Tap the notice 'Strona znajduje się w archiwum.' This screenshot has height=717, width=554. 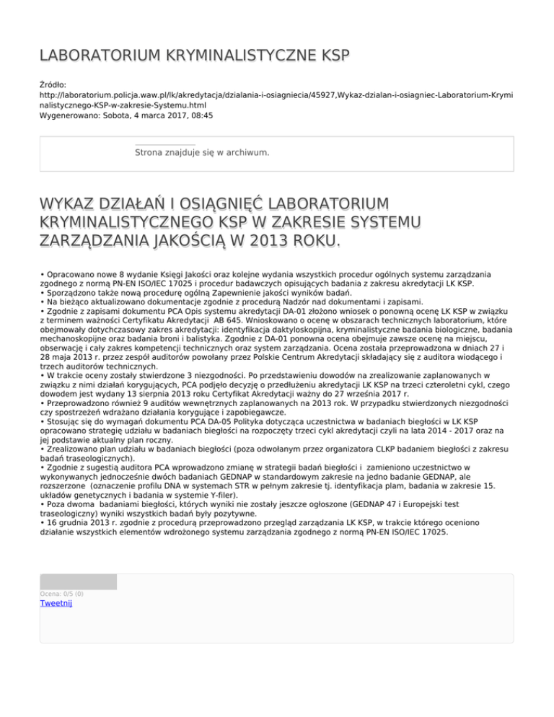[202, 153]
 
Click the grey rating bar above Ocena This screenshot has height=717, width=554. [78, 581]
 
